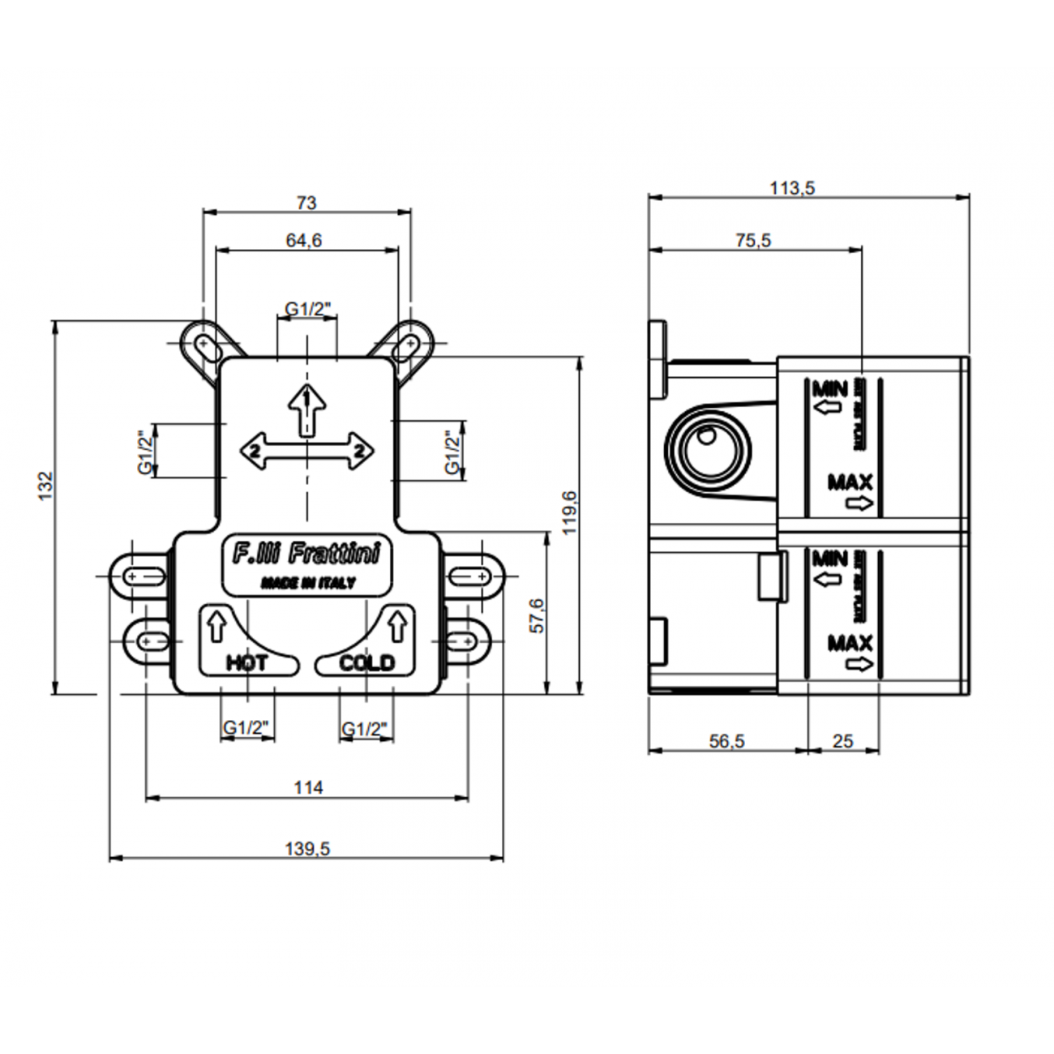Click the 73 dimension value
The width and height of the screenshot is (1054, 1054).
(306, 203)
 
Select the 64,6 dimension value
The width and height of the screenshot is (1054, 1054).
(304, 241)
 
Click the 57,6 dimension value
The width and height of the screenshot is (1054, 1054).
(537, 615)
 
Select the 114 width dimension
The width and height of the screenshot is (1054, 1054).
(308, 787)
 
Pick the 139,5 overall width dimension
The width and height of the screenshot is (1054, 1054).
(307, 849)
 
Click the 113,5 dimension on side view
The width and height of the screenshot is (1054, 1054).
(792, 188)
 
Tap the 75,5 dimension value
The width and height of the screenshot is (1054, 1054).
(753, 240)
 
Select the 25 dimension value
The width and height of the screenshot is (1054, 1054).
(843, 741)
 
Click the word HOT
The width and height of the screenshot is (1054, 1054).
(246, 663)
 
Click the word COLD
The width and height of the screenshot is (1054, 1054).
(366, 663)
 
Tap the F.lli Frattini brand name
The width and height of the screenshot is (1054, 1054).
(306, 555)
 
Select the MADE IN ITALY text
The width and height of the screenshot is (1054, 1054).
(307, 583)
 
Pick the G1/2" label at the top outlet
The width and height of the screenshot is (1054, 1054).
(307, 309)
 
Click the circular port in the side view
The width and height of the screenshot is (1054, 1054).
(708, 450)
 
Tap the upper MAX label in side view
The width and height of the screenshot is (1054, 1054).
(850, 482)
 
